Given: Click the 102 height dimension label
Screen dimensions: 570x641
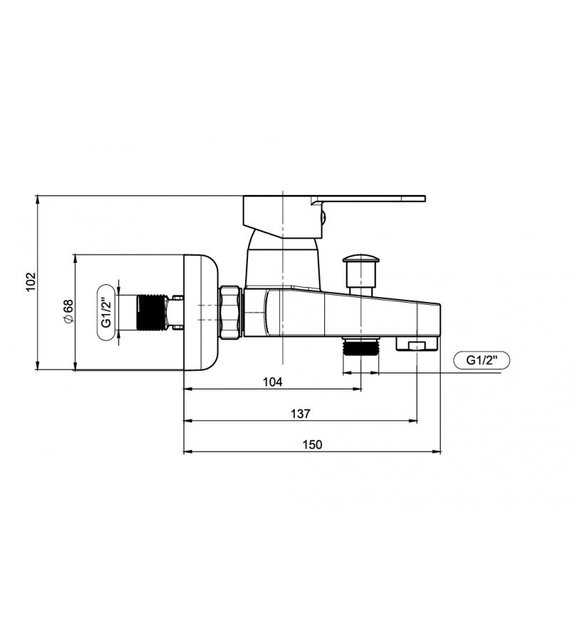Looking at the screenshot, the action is [x=31, y=281].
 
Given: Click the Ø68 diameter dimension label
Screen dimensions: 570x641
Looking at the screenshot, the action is [x=68, y=311].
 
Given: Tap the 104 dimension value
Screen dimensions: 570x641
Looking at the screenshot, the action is [x=272, y=382].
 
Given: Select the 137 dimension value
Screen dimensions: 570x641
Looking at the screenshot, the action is [x=301, y=414].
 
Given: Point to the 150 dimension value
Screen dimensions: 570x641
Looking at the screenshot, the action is [x=312, y=444].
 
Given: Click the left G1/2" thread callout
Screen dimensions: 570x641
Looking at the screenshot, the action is [x=106, y=313].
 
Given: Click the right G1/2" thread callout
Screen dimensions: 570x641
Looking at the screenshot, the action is [x=482, y=360].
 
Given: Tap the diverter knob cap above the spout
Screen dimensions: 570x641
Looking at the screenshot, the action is [x=361, y=259].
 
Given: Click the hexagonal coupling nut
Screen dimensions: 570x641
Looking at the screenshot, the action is [x=231, y=312].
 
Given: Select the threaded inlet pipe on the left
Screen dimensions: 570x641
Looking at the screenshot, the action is [x=151, y=312].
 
